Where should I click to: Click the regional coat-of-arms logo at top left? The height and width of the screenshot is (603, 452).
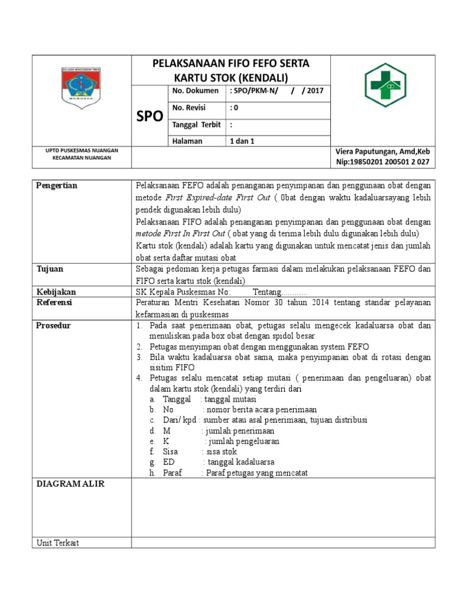coord(82,87)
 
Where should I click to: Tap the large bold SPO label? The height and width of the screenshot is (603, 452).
coord(149,116)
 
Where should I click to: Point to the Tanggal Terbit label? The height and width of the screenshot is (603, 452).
coord(196,124)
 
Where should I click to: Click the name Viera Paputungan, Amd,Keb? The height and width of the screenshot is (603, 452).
coord(383,151)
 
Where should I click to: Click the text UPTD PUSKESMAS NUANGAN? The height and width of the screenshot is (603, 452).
coord(82,151)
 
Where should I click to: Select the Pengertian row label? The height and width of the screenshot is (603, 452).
coord(57,185)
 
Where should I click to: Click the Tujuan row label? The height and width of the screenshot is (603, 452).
coord(50,269)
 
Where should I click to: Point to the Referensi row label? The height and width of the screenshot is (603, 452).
coord(54,302)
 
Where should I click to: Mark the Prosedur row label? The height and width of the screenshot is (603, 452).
coord(54,325)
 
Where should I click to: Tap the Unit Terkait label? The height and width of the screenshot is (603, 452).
coord(58,542)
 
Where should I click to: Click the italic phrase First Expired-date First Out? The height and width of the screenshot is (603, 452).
coord(218,198)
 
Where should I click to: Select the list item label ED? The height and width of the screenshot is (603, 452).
coord(168,462)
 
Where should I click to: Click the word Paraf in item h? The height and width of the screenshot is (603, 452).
coord(172,473)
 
